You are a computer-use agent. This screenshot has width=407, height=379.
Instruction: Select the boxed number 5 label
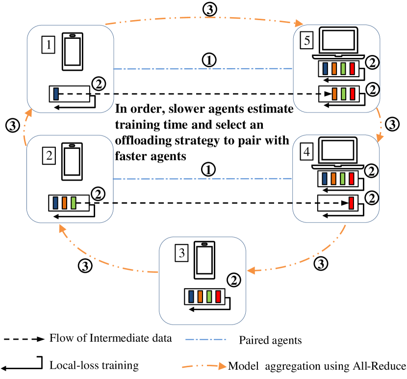306,41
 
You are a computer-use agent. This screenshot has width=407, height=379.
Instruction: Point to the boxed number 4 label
306,152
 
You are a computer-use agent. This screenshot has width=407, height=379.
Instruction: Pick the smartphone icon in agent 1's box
72,51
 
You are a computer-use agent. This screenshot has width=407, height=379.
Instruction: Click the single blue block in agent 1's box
56,93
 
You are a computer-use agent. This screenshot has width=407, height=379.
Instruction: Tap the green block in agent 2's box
74,202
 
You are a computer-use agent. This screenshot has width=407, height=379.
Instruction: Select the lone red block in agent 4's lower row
351,202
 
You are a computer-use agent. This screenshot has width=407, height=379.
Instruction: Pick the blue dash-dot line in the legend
205,339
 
